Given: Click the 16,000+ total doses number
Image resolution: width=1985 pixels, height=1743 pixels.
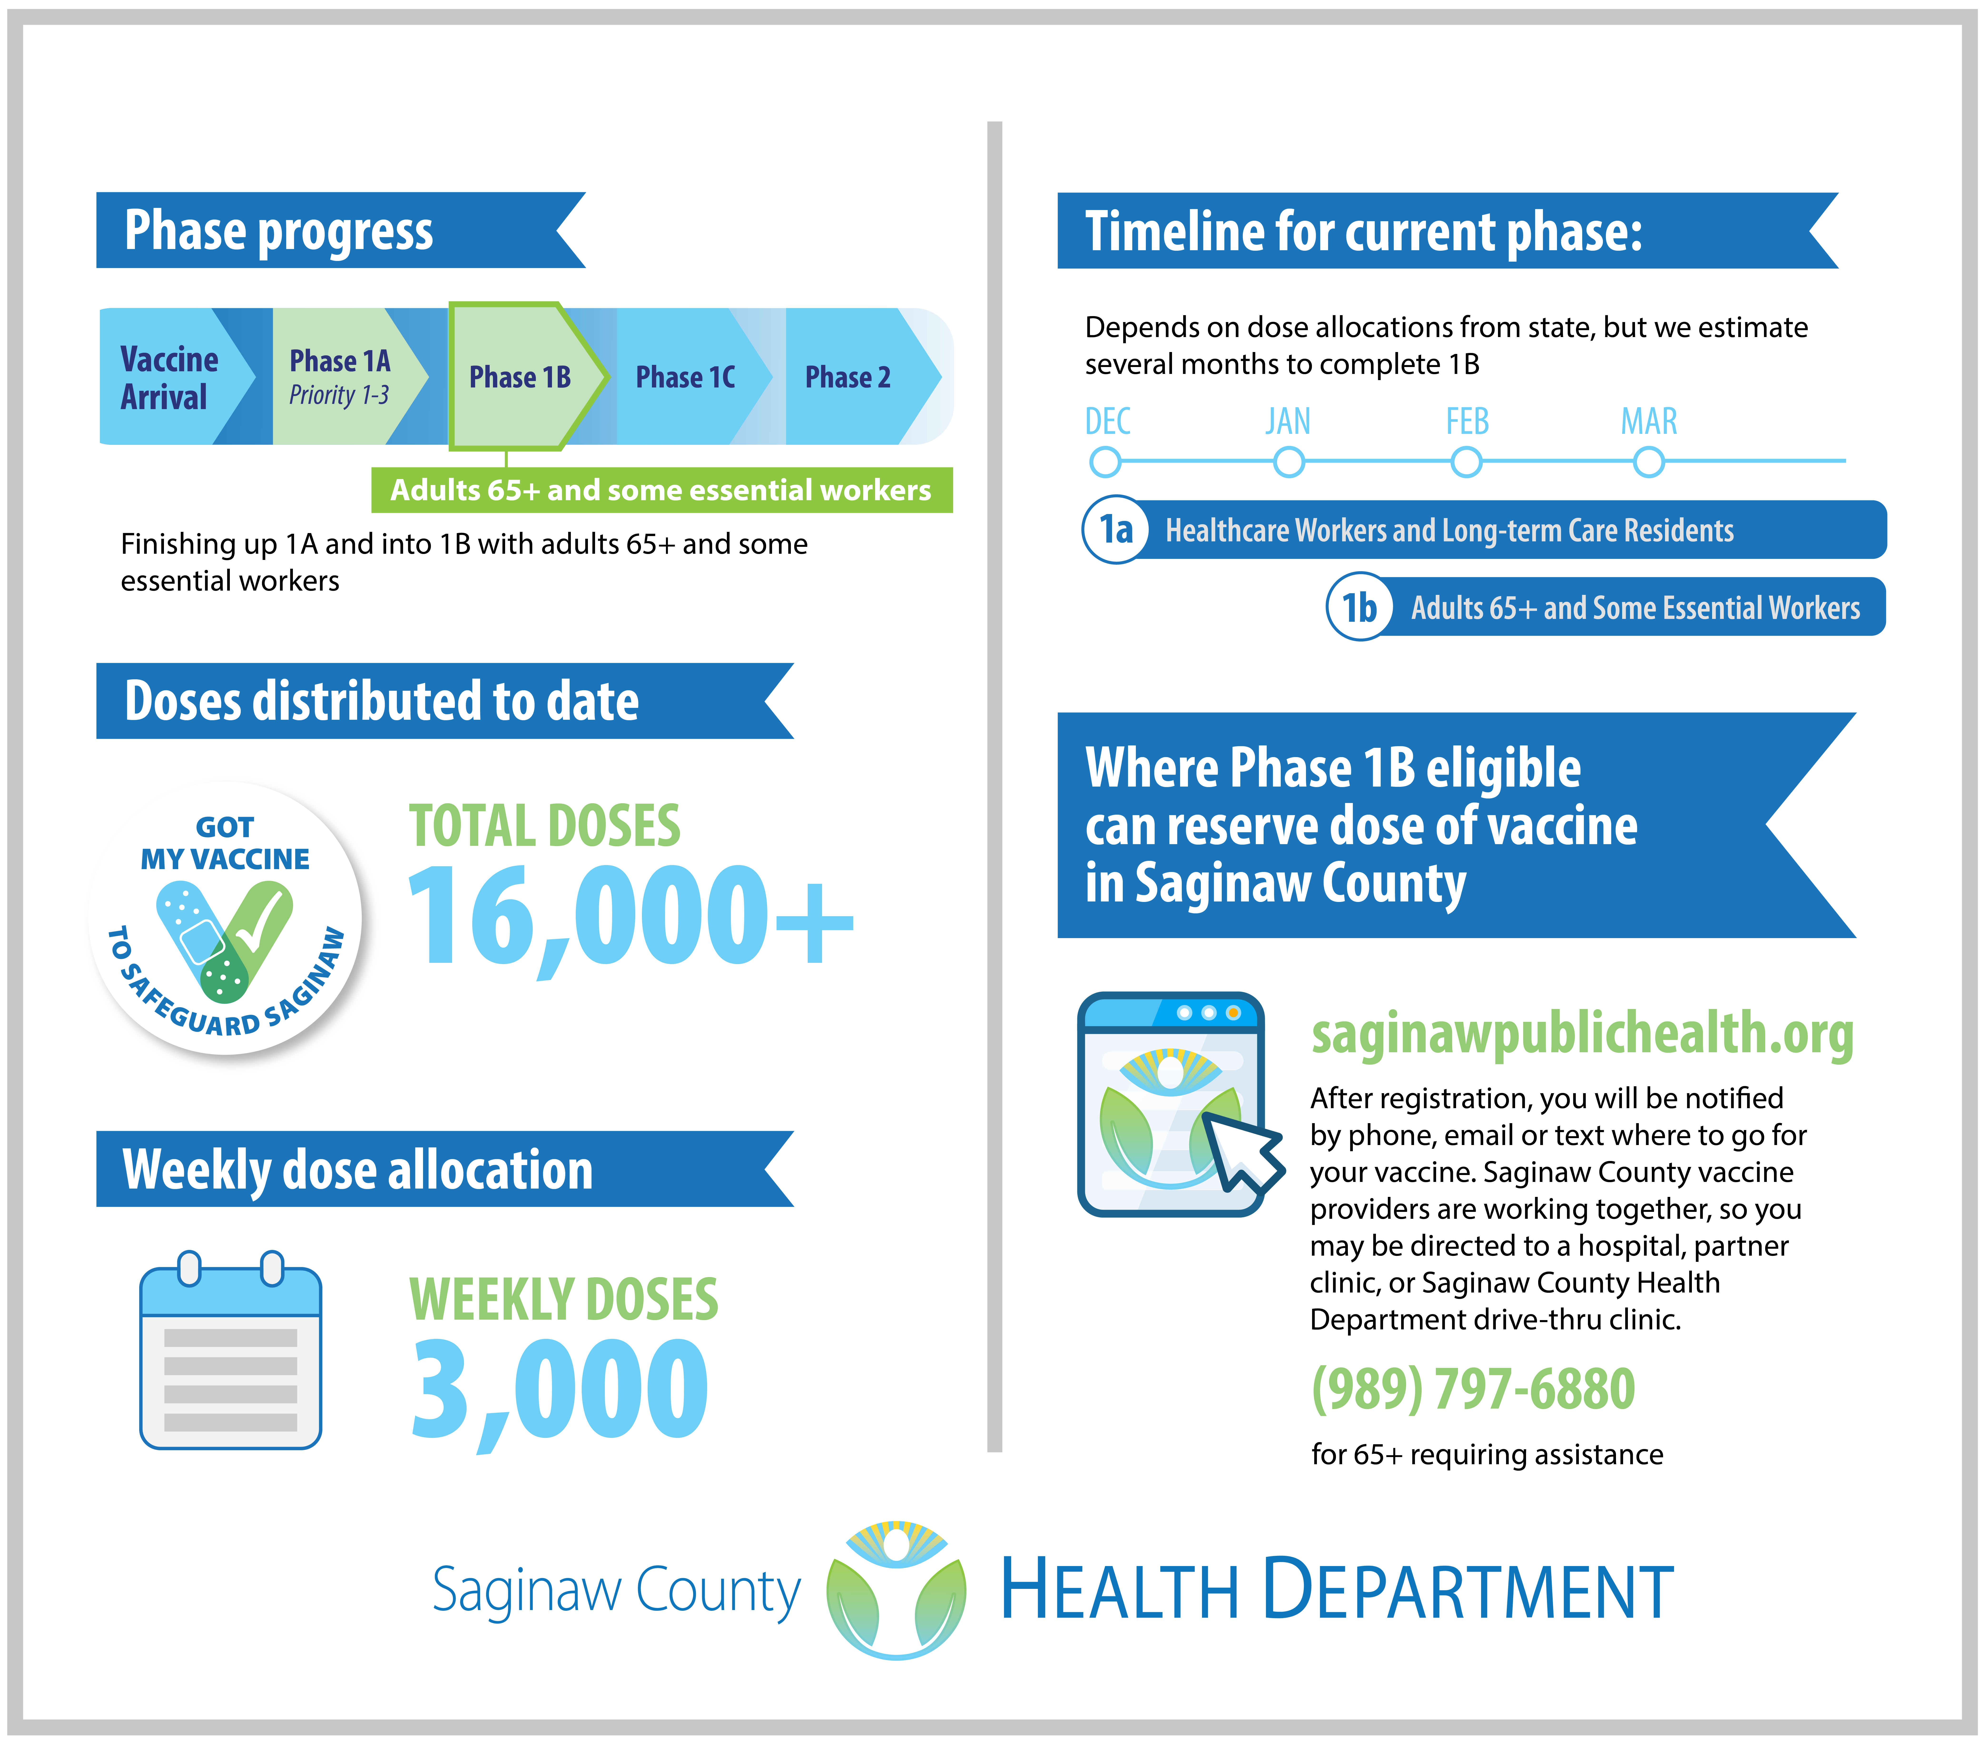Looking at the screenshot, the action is point(631,918).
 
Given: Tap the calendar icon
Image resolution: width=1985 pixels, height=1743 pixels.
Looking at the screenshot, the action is point(230,1350).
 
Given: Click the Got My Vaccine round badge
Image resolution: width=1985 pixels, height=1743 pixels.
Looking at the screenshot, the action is point(225,918).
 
